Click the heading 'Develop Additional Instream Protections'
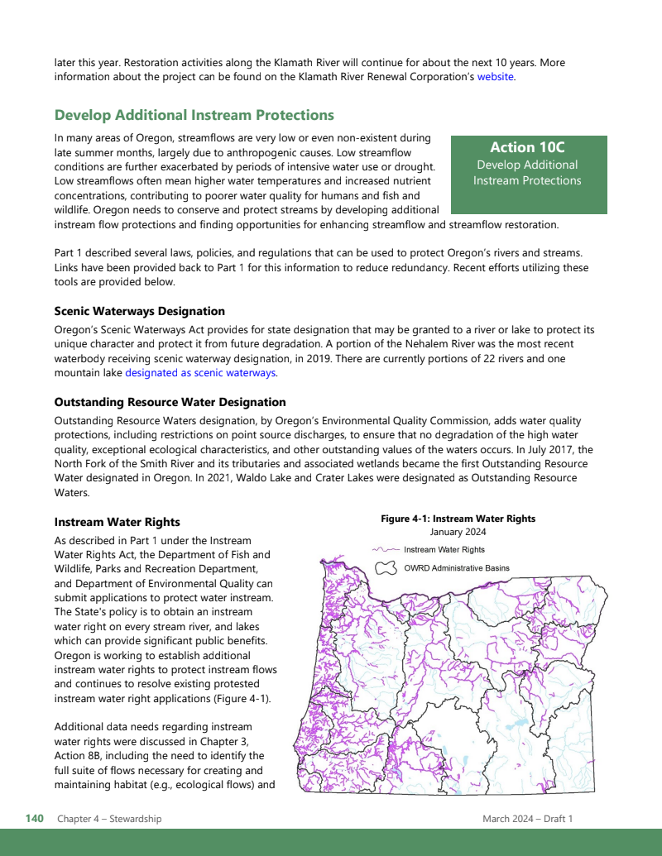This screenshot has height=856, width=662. click(194, 115)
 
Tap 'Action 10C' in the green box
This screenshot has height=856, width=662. click(527, 147)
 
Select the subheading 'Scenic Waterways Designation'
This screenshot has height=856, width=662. click(139, 312)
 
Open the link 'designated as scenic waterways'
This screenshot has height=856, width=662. click(200, 373)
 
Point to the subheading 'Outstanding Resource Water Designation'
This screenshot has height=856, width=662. click(170, 402)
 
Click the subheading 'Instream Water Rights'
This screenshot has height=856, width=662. click(117, 523)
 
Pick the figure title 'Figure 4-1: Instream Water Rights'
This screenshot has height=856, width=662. click(458, 519)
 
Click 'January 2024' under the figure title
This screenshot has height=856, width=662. click(458, 533)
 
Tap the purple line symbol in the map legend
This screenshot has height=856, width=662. click(386, 549)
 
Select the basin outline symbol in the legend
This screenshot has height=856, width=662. click(386, 569)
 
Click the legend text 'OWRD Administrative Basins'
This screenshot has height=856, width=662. click(456, 569)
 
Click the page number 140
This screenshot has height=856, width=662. click(34, 819)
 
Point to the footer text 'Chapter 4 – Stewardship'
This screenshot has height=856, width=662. click(109, 819)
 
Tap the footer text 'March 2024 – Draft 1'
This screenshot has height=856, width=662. click(527, 819)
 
